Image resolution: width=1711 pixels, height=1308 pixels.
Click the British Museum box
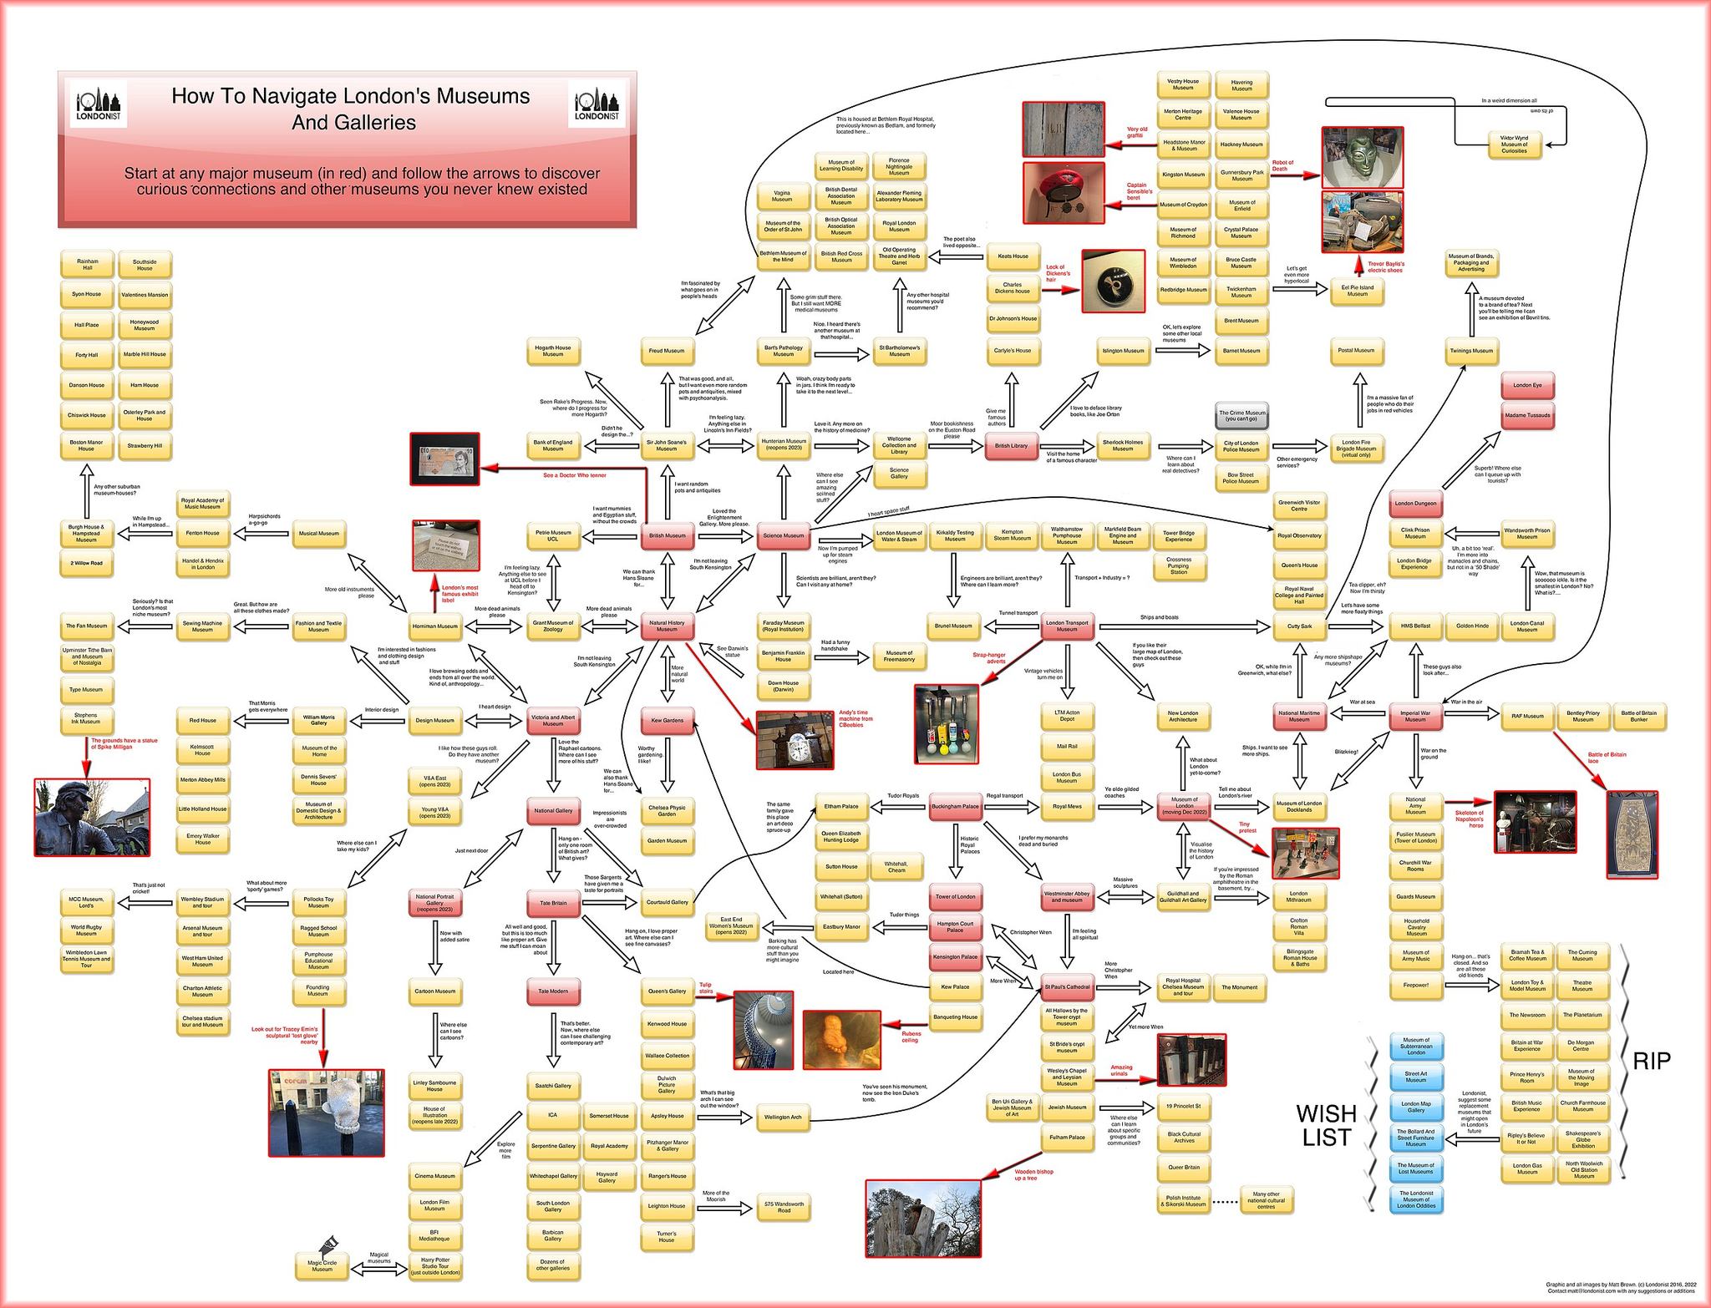coord(667,535)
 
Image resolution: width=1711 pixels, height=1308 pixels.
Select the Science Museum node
coord(783,535)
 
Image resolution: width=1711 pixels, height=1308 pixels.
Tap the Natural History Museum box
coord(667,626)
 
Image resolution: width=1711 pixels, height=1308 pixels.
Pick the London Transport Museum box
coord(1067,626)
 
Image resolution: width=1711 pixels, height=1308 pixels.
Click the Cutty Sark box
coord(1299,626)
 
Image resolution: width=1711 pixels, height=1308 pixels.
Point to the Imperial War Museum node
coord(1415,716)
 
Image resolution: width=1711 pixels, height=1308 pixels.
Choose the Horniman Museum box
coord(435,626)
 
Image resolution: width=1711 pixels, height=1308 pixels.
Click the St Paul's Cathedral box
coord(1067,986)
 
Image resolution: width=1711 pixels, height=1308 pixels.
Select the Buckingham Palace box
coord(955,807)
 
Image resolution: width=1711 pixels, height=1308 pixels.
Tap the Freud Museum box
coord(667,351)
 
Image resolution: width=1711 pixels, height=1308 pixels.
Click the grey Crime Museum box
coord(1241,415)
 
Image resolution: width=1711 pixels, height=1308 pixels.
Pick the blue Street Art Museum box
coord(1415,1077)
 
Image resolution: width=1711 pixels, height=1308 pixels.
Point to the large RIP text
coord(1651,1061)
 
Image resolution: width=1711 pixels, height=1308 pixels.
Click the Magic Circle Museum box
coord(322,1266)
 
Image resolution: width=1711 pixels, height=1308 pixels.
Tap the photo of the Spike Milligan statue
coord(92,816)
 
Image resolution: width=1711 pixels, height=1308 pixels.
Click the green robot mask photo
coord(1362,157)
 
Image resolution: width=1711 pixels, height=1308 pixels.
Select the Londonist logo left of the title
coord(98,103)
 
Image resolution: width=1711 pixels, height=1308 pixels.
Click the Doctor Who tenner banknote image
coord(444,459)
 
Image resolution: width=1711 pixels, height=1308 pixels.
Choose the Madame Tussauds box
coord(1527,415)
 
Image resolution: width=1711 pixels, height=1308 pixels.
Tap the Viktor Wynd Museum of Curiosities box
coord(1513,144)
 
